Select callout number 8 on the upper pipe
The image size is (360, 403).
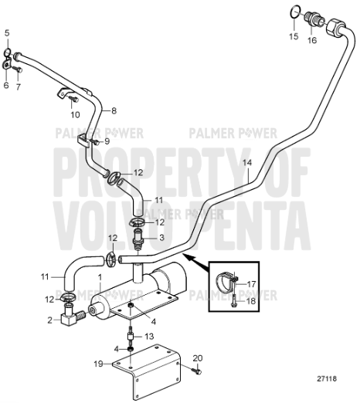click(114, 110)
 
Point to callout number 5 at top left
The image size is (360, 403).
click(7, 32)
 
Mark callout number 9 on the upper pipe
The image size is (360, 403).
click(107, 141)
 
